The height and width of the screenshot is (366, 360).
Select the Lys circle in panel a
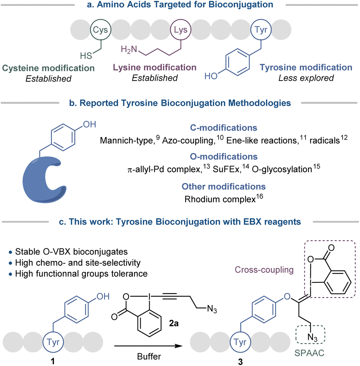(180, 30)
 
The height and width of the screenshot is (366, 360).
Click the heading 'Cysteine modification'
(49, 68)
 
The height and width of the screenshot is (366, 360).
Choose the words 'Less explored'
(311, 78)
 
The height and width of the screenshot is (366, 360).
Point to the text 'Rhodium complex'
(217, 199)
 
